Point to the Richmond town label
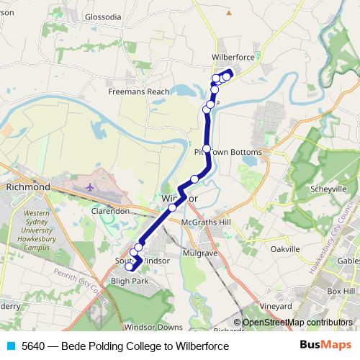pyautogui.click(x=27, y=186)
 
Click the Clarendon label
pyautogui.click(x=110, y=212)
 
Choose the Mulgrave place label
pyautogui.click(x=200, y=253)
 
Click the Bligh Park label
pyautogui.click(x=129, y=281)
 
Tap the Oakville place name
pyautogui.click(x=284, y=248)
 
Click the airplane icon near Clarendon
pyautogui.click(x=89, y=187)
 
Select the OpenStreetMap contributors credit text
pyautogui.click(x=297, y=323)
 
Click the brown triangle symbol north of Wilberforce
pyautogui.click(x=230, y=12)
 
